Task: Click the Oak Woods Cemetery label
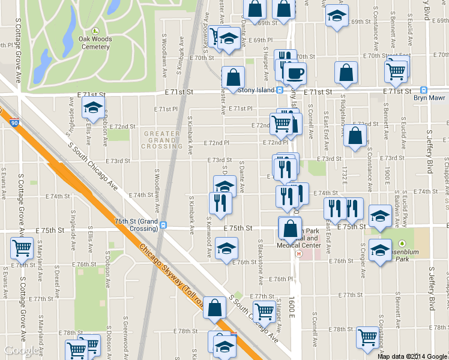coord(95,43)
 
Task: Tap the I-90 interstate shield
coord(14,122)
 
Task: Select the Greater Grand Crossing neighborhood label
coord(161,140)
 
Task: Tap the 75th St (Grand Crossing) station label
coord(136,224)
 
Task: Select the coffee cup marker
coord(294,74)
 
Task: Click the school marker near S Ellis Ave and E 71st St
coord(93,108)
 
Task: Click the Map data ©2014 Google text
coord(412,356)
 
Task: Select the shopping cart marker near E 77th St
coord(264,311)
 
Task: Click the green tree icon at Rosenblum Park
coord(402,244)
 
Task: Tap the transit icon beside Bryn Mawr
coord(424,89)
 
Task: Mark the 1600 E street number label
coord(292,307)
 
